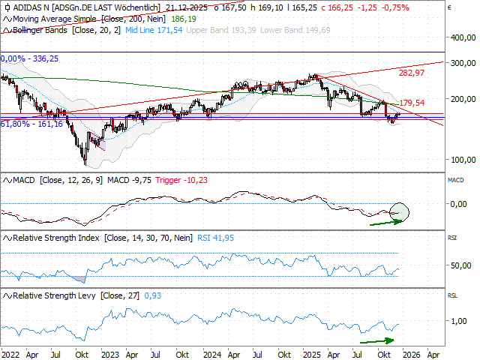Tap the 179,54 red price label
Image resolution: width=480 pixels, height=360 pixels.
coord(412,103)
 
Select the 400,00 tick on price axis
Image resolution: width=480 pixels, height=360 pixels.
coord(460,37)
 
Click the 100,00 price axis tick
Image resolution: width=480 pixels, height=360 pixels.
coord(460,160)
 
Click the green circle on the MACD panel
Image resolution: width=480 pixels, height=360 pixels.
coord(400,212)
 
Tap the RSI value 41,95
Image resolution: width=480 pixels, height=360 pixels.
coord(214,238)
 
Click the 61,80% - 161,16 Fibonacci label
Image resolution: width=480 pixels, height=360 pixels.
coord(32,124)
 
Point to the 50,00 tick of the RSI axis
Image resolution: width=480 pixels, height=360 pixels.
coord(460,265)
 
